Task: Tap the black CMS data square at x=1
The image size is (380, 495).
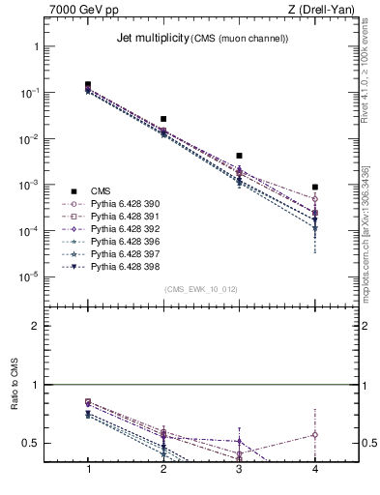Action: point(88,85)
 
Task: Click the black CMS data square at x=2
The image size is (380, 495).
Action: point(163,119)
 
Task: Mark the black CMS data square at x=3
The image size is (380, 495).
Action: point(239,156)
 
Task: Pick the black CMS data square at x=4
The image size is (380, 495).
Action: point(314,187)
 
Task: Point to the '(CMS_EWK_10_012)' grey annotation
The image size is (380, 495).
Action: point(200,289)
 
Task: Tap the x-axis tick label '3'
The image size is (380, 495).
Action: point(239,469)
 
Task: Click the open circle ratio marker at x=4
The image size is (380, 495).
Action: point(314,434)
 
